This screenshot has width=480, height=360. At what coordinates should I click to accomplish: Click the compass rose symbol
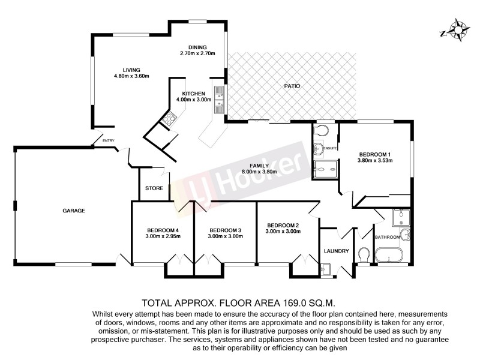458,30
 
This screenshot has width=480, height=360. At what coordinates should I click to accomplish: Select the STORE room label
154,188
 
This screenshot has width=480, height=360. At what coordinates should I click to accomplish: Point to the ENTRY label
109,141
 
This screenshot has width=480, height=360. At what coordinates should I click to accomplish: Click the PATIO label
292,86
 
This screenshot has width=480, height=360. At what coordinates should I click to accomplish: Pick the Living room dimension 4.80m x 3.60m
131,76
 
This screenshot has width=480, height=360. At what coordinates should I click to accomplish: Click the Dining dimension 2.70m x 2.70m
197,54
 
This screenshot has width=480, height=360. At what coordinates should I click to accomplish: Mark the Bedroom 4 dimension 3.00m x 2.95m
163,236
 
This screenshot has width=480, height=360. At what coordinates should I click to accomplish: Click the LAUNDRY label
336,251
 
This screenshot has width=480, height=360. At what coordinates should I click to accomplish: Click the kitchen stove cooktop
169,119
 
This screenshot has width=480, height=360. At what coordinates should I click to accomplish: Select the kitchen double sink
220,100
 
